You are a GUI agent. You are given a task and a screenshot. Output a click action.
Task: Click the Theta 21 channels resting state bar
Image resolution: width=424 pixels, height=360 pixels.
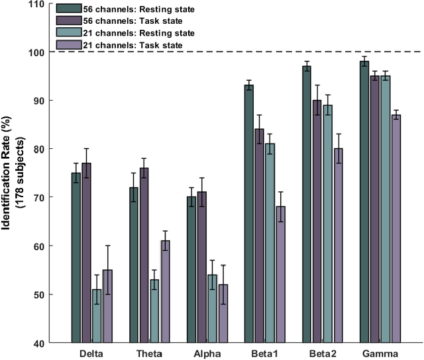pyautogui.click(x=154, y=311)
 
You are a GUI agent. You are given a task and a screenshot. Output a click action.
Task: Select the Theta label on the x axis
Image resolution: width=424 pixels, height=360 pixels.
pyautogui.click(x=150, y=353)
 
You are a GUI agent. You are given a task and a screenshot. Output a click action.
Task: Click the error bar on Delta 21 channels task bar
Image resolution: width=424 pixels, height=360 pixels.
pyautogui.click(x=107, y=269)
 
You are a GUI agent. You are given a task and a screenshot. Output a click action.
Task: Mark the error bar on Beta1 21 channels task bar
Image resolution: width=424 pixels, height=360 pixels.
pyautogui.click(x=280, y=206)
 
